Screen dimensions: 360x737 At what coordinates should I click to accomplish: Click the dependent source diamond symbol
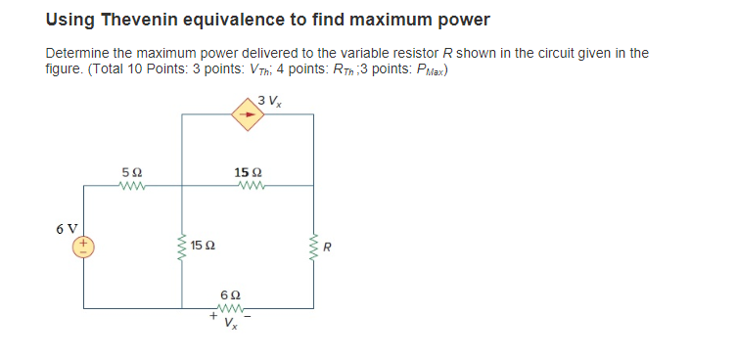248,114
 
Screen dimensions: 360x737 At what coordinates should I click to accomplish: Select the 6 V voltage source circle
83,245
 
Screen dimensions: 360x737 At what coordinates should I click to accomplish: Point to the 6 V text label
68,228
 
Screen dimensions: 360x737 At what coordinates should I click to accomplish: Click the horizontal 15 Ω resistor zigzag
248,186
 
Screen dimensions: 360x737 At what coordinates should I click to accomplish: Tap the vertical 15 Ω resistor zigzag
182,245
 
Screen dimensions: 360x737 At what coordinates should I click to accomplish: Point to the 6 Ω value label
231,294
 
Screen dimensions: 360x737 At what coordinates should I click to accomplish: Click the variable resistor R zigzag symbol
313,245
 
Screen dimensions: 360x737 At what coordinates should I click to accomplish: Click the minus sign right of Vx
253,317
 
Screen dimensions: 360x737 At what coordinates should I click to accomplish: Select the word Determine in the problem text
75,53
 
